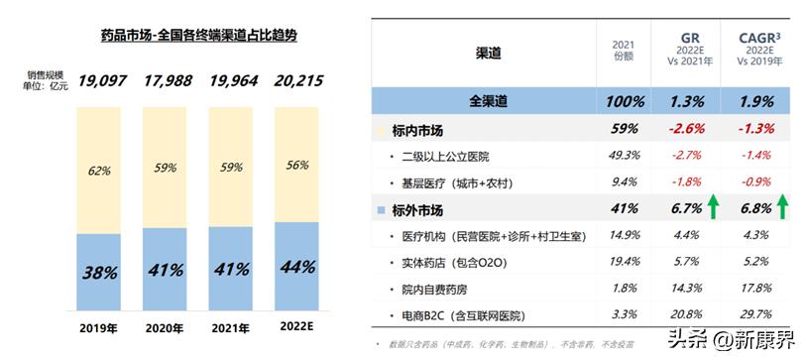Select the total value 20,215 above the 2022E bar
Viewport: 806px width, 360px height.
tap(295, 80)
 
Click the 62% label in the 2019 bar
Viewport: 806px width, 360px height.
tap(98, 171)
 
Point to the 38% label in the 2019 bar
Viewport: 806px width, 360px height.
tap(96, 270)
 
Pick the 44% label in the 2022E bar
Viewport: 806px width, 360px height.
tap(296, 267)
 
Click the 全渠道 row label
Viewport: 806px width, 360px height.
tap(488, 102)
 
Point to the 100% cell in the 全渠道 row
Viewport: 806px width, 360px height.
tap(624, 102)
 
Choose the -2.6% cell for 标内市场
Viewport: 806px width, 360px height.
tap(686, 129)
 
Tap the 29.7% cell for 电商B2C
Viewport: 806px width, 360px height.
tap(757, 316)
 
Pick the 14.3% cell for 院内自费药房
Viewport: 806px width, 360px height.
tap(686, 290)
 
